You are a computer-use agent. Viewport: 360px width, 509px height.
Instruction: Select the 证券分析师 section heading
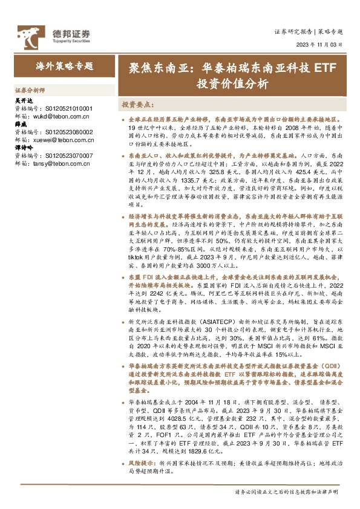tap(29, 88)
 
